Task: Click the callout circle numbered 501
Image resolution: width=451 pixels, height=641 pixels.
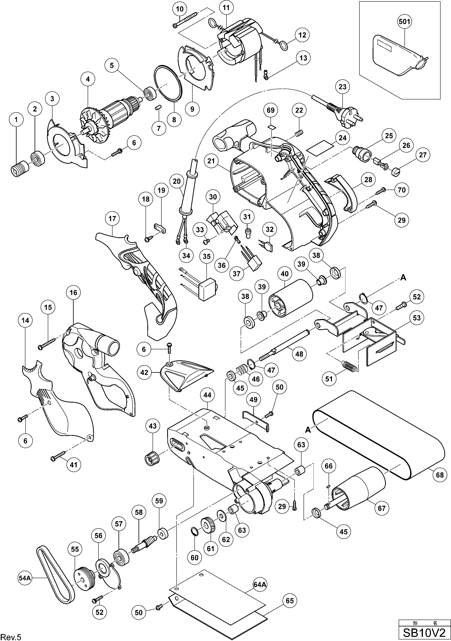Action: [x=404, y=22]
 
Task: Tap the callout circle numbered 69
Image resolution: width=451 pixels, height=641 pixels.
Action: [x=270, y=110]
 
